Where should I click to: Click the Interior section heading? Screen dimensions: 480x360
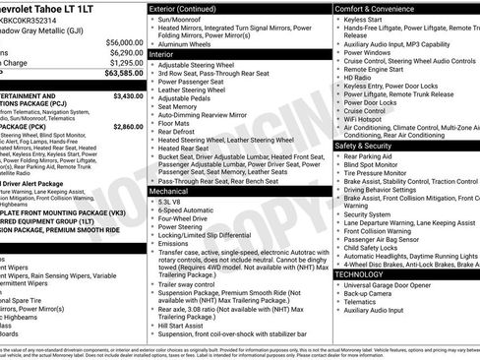tap(162, 54)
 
